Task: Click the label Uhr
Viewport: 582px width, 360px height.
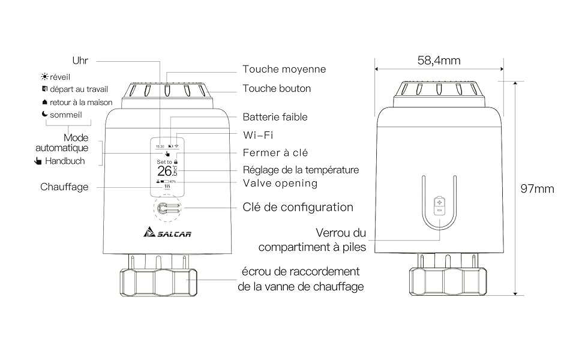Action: click(80, 61)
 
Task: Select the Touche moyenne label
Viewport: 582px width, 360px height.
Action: click(284, 70)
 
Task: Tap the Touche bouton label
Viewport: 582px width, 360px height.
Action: click(277, 89)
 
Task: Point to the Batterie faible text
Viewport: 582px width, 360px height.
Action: click(275, 118)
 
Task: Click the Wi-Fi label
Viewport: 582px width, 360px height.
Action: click(258, 135)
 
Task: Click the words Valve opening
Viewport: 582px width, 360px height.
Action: click(280, 183)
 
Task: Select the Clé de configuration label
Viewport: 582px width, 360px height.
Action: click(298, 208)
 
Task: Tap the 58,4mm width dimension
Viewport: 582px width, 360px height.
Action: click(439, 61)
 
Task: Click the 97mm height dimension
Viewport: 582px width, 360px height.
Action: click(537, 189)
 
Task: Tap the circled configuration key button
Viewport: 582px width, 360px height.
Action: click(166, 208)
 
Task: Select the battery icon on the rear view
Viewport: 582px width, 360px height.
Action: click(439, 205)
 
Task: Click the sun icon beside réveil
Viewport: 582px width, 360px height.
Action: click(44, 77)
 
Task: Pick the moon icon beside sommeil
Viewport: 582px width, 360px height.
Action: click(44, 115)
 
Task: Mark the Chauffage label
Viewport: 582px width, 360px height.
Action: click(64, 187)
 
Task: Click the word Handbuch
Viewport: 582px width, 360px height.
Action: click(65, 161)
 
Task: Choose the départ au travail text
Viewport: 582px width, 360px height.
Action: click(79, 90)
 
